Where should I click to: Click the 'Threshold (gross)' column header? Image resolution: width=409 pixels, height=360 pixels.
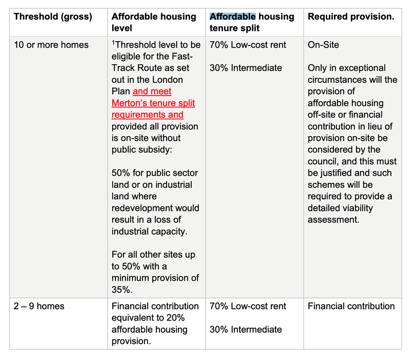tap(53, 17)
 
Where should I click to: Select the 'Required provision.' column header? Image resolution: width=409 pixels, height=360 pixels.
tap(351, 17)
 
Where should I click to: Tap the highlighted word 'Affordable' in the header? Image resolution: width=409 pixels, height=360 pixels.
tap(232, 17)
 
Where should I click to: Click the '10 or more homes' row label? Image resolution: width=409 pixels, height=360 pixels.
tap(51, 45)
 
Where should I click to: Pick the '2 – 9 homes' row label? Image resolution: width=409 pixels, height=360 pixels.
tap(39, 306)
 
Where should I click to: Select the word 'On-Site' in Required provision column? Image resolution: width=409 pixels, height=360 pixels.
tap(323, 45)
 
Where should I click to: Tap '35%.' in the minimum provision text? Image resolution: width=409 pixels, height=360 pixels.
tap(123, 289)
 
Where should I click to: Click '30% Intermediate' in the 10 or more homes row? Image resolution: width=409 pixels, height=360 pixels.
tap(245, 68)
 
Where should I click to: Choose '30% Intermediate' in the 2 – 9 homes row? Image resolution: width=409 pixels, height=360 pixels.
tap(245, 329)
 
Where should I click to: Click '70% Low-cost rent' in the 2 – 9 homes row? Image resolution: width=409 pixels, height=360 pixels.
tap(248, 306)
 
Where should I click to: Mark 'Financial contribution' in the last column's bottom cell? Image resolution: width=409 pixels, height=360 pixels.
tap(351, 306)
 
